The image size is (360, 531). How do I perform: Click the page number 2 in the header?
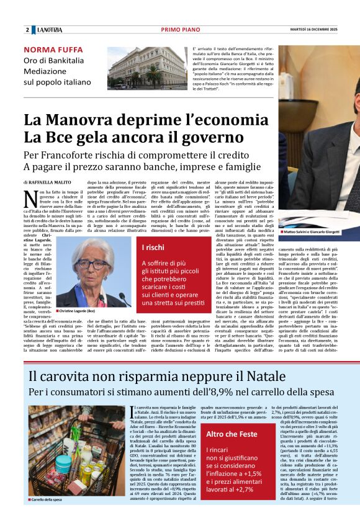pyautogui.click(x=27, y=30)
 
